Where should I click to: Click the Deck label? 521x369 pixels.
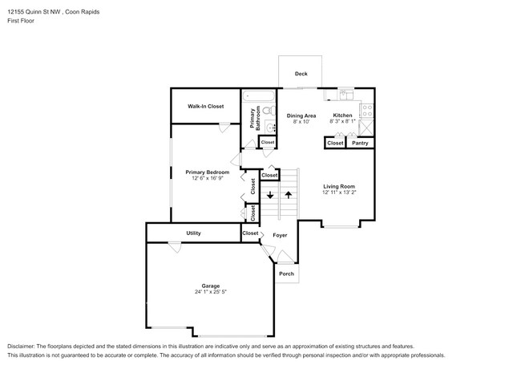click(301, 74)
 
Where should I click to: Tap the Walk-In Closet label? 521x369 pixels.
click(206, 107)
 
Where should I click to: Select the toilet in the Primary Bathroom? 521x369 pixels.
click(269, 110)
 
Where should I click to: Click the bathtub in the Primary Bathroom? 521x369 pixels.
click(259, 96)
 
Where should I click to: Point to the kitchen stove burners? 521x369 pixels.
click(367, 111)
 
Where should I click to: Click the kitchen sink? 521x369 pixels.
click(345, 95)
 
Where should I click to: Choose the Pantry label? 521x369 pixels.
click(360, 143)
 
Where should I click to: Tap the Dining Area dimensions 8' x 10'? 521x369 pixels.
click(301, 122)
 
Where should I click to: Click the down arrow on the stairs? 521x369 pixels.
click(270, 195)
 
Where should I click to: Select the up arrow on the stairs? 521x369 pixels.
click(288, 195)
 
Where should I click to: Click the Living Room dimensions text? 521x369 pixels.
click(339, 193)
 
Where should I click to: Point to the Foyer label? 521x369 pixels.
click(280, 235)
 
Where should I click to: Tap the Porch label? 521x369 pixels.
click(286, 274)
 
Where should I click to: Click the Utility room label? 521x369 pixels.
click(193, 233)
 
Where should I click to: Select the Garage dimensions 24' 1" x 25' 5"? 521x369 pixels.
click(211, 292)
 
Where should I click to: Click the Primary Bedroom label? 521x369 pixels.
click(208, 172)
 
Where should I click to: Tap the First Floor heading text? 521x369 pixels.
click(21, 21)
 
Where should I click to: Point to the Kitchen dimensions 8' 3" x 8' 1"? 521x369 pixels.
click(342, 121)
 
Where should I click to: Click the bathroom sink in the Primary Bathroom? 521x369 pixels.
click(270, 127)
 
